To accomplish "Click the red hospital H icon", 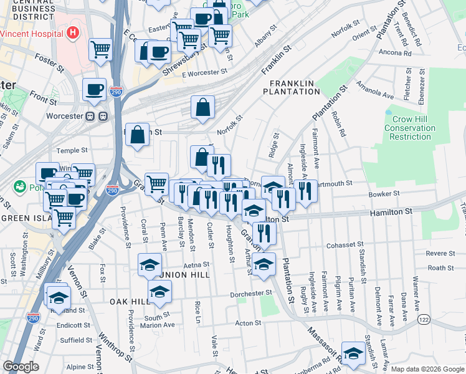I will (74, 32).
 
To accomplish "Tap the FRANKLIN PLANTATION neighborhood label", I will (295, 87).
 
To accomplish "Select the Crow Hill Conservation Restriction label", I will (409, 128).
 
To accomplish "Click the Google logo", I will (21, 367).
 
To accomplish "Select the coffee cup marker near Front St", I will (95, 90).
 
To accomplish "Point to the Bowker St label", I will (384, 194).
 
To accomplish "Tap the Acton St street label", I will (247, 323).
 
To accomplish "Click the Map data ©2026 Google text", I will (426, 369).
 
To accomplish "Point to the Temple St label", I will (72, 150).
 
